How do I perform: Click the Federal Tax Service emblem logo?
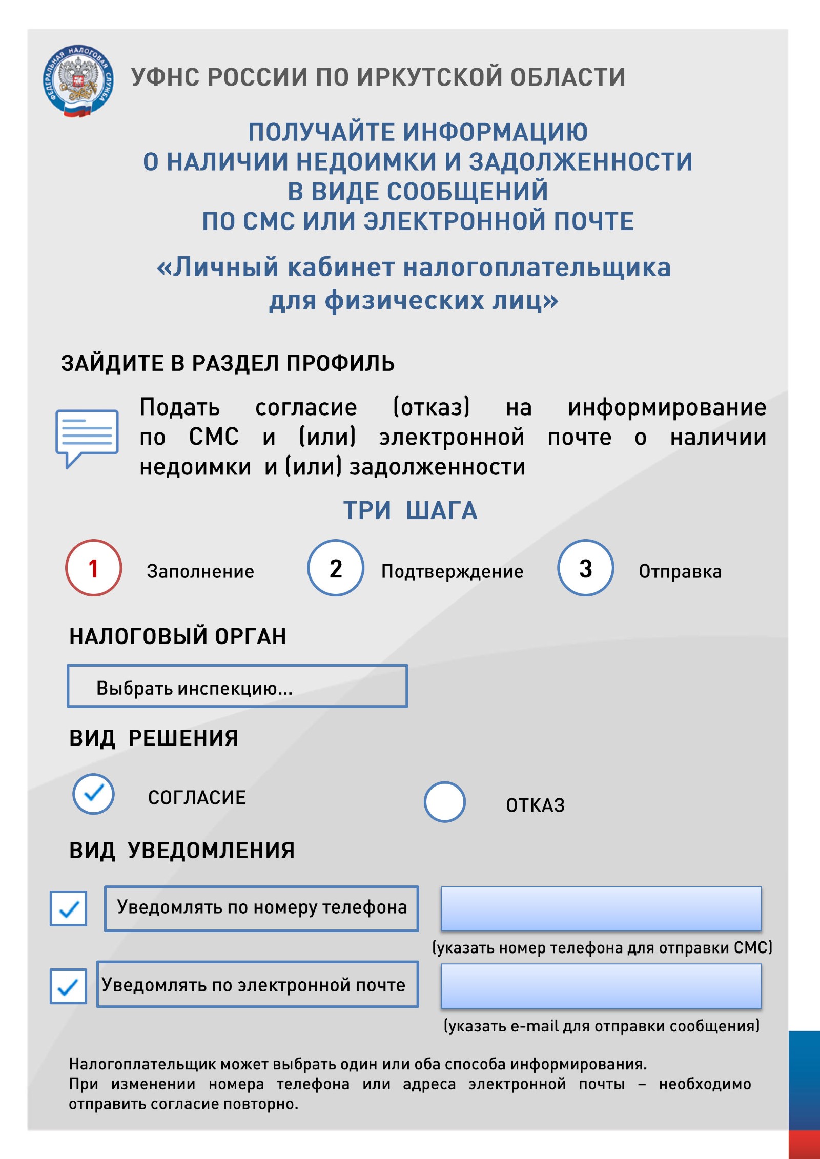(x=78, y=80)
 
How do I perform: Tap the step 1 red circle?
(x=93, y=568)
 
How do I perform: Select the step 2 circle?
(x=335, y=568)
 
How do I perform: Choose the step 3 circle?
(x=585, y=568)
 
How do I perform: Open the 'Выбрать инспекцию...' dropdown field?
(x=237, y=686)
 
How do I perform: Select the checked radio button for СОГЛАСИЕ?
(x=93, y=794)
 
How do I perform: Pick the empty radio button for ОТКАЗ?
(x=444, y=802)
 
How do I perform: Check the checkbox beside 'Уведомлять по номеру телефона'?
(x=68, y=908)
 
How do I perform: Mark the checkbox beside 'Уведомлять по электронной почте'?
(x=68, y=986)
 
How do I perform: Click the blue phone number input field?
(x=601, y=908)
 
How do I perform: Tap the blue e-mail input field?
(x=601, y=986)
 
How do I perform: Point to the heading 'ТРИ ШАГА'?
(x=410, y=510)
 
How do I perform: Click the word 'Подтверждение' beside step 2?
(x=452, y=571)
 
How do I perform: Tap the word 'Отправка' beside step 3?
(x=680, y=571)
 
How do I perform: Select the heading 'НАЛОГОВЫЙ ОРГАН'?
(x=177, y=636)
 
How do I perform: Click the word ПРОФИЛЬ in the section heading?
(x=340, y=363)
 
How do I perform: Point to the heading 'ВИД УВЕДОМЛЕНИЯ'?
(x=182, y=851)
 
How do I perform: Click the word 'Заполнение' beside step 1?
(x=200, y=571)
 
